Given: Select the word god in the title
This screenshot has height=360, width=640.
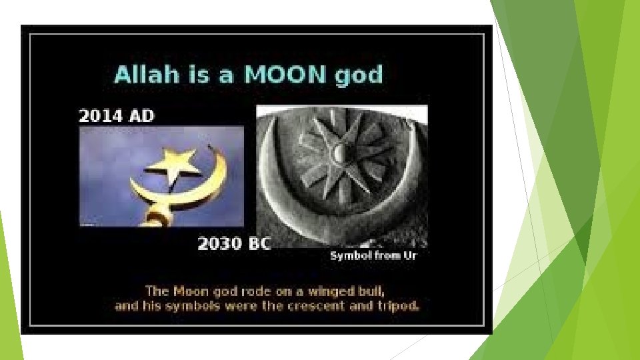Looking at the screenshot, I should pos(359,75).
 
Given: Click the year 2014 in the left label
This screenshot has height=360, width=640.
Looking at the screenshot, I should pos(100,116).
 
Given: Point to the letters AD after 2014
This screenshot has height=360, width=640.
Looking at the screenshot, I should pos(141,116).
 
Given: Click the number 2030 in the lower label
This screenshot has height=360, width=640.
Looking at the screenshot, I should pos(219,243).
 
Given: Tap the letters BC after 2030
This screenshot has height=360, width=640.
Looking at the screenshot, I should pos(258,243).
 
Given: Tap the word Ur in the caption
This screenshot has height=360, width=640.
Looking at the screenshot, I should pos(409,256).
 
